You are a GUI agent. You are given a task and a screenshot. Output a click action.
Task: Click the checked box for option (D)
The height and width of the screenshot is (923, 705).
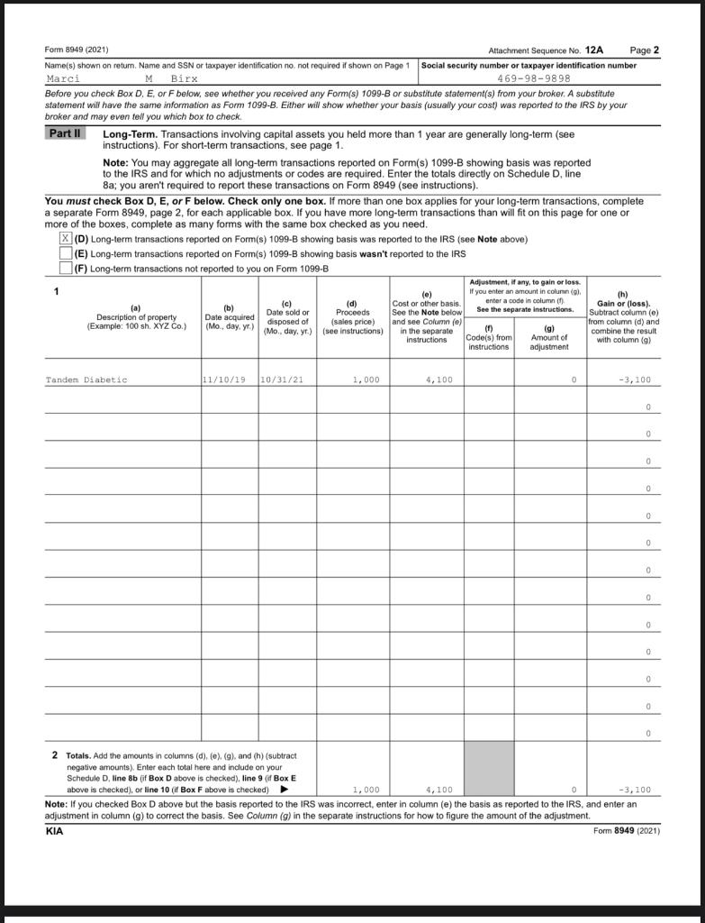[x=65, y=239]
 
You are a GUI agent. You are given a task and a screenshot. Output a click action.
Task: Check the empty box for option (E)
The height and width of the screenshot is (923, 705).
[x=65, y=253]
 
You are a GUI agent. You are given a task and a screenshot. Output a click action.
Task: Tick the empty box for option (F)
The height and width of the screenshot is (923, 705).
[x=65, y=268]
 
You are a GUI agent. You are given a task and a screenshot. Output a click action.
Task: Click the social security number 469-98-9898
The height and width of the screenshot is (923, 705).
[x=533, y=78]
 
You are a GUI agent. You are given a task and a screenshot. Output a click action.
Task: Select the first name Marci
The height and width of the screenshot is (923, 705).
[x=63, y=78]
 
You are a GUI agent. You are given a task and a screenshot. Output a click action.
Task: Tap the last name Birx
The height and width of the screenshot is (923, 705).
[x=184, y=78]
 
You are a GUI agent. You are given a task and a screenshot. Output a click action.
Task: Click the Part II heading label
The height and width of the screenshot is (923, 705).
[x=65, y=133]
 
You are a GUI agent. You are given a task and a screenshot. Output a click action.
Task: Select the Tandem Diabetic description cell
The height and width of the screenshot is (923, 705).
[x=86, y=380]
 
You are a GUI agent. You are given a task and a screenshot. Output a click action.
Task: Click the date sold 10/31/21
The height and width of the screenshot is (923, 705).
[x=282, y=380]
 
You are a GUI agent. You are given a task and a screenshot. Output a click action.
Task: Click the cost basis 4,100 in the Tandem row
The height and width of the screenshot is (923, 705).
[x=438, y=380]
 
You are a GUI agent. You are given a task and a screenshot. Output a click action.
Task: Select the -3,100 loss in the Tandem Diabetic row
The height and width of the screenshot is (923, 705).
[x=634, y=380]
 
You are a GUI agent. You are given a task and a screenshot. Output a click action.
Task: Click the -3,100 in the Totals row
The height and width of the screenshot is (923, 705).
[x=634, y=790]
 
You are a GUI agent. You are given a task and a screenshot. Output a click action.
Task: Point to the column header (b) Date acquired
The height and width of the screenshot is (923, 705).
[x=229, y=317]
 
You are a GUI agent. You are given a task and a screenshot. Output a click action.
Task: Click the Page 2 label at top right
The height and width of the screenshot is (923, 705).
[x=645, y=50]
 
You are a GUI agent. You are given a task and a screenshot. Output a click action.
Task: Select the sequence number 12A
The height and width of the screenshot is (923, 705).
[x=594, y=50]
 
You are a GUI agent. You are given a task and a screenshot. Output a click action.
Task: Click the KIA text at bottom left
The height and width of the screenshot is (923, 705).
[x=55, y=831]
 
